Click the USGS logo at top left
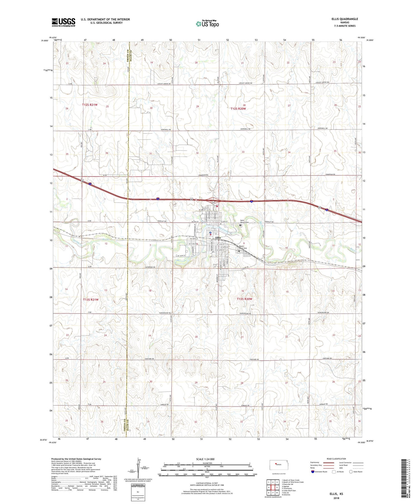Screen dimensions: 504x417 [63, 22]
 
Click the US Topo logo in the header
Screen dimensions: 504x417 [207, 24]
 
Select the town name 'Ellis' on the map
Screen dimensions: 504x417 [218, 238]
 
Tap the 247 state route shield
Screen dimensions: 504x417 [213, 203]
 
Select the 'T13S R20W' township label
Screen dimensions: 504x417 [245, 299]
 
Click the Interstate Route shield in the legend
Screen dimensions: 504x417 [313, 472]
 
